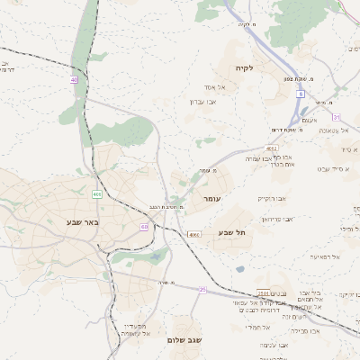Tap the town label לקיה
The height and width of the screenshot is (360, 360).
point(245,68)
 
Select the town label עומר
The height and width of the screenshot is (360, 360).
point(211,197)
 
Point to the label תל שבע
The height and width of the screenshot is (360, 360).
point(232,233)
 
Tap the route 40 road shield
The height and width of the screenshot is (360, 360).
point(74,80)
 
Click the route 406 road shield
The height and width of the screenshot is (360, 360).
point(96,193)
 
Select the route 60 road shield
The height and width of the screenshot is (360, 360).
point(144,227)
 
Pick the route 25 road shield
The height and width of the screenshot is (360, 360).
point(202,289)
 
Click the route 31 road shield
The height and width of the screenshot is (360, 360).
point(337,117)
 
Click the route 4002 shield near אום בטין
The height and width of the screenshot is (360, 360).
point(273,148)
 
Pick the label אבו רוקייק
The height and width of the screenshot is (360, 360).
point(272,197)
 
